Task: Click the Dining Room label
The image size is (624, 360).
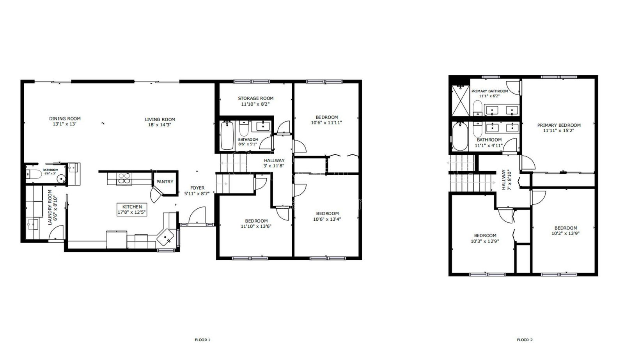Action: (x=65, y=119)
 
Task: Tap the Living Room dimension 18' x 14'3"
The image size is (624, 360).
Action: (x=160, y=125)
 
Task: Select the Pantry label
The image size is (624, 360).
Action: (x=165, y=182)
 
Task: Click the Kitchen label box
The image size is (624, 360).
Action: (x=132, y=209)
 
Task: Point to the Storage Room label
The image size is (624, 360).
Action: (x=256, y=98)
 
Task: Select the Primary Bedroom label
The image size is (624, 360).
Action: (x=559, y=125)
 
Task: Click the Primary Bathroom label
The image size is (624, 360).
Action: (x=490, y=91)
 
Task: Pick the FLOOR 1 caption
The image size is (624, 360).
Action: (x=202, y=340)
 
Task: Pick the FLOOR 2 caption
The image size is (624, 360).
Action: (x=525, y=340)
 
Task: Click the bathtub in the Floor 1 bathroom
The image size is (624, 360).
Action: (x=227, y=135)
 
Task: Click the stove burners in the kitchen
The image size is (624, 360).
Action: (x=124, y=178)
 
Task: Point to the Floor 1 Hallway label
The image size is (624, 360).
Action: (x=274, y=160)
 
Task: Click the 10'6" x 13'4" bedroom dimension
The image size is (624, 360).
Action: (x=327, y=219)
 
